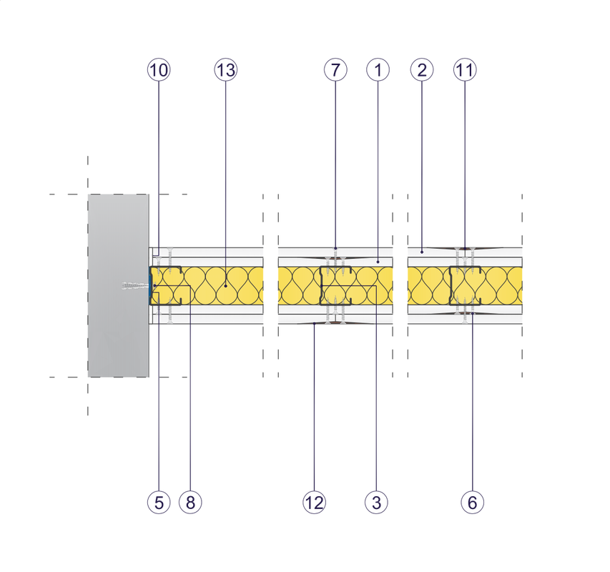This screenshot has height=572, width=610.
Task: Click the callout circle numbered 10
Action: click(x=159, y=70)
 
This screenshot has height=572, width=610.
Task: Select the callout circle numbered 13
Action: click(x=226, y=70)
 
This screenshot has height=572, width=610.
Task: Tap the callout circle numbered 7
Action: click(x=335, y=70)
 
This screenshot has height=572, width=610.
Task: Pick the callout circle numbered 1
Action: click(x=378, y=70)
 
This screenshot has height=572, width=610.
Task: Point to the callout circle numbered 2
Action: click(x=422, y=70)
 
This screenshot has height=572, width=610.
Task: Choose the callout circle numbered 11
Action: click(x=465, y=70)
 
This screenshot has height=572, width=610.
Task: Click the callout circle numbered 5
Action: click(x=159, y=502)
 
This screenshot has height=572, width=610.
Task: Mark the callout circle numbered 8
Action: click(x=190, y=502)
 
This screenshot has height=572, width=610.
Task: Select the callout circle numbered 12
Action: click(x=314, y=502)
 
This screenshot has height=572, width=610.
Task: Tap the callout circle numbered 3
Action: click(x=376, y=502)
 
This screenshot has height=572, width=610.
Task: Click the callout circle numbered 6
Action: click(x=472, y=502)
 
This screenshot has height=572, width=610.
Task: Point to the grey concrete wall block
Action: click(x=119, y=285)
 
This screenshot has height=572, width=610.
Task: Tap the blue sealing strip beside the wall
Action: click(x=149, y=286)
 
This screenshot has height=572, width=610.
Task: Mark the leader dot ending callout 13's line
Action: click(x=226, y=286)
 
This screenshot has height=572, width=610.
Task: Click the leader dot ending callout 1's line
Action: click(x=378, y=262)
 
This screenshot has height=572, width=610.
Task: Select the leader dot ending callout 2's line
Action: click(x=422, y=252)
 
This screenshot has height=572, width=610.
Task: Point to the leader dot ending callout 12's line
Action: click(x=314, y=323)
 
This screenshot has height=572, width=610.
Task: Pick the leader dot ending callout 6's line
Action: click(x=472, y=313)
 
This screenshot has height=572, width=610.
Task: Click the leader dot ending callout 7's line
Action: click(x=335, y=248)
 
